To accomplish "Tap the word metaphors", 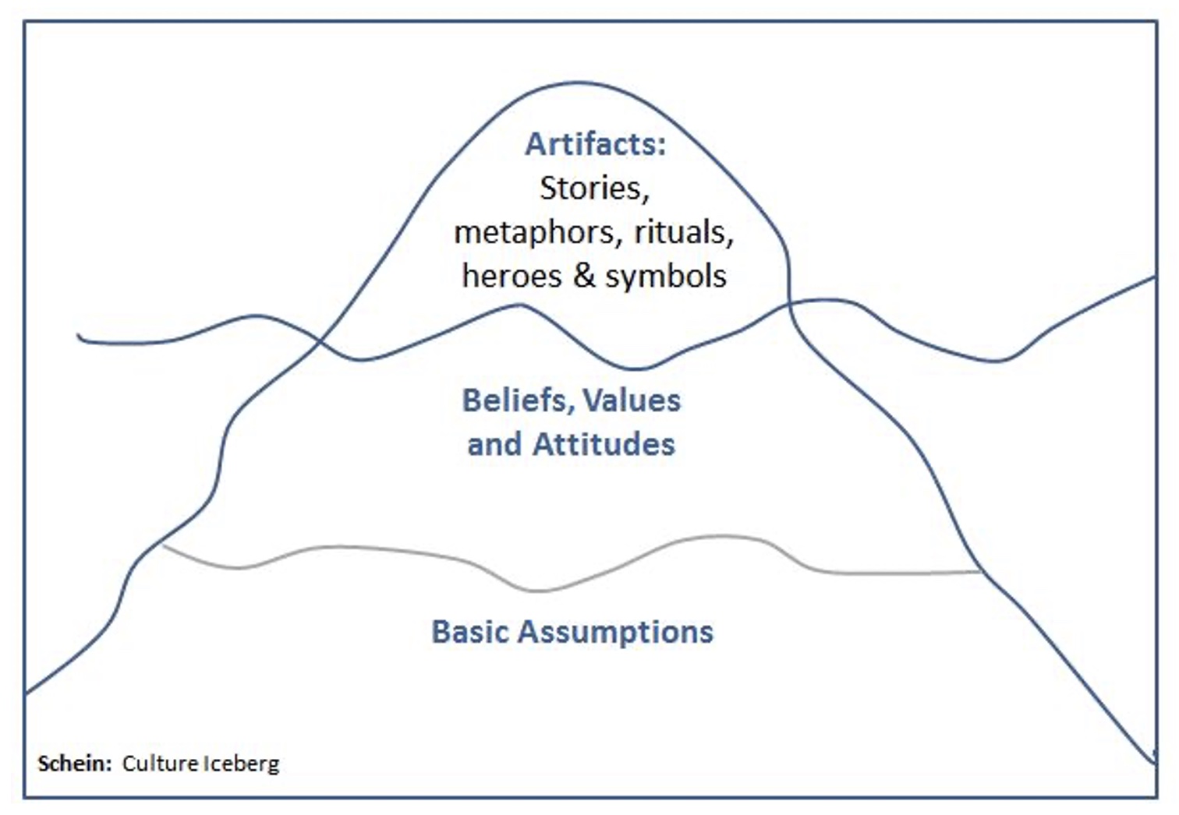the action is point(539,234).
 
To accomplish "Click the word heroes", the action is point(512,276).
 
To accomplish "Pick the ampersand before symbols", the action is point(584,276).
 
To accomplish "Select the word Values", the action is point(632,400).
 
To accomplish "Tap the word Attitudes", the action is point(604,444).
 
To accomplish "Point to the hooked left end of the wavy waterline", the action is point(79,336).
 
